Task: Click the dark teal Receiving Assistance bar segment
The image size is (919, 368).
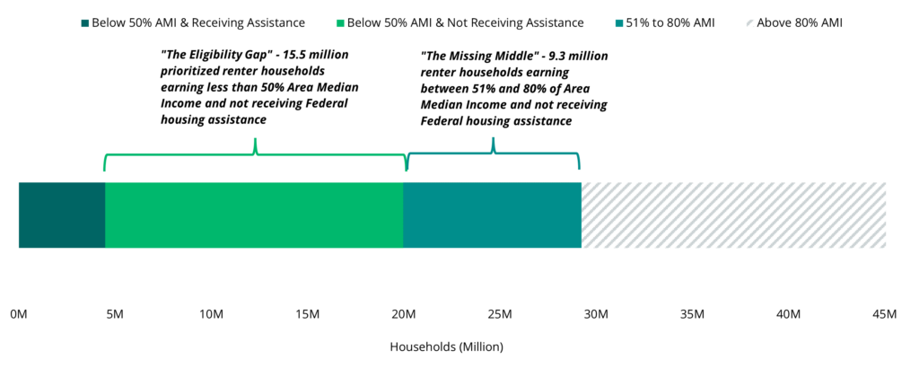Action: click(x=62, y=215)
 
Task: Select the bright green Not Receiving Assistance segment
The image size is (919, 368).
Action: click(x=254, y=215)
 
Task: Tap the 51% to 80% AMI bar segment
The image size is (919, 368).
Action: click(x=492, y=215)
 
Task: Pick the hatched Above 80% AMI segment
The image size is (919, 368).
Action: click(x=733, y=215)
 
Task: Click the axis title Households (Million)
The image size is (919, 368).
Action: click(x=447, y=346)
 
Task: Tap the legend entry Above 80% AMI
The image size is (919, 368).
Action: click(x=798, y=22)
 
